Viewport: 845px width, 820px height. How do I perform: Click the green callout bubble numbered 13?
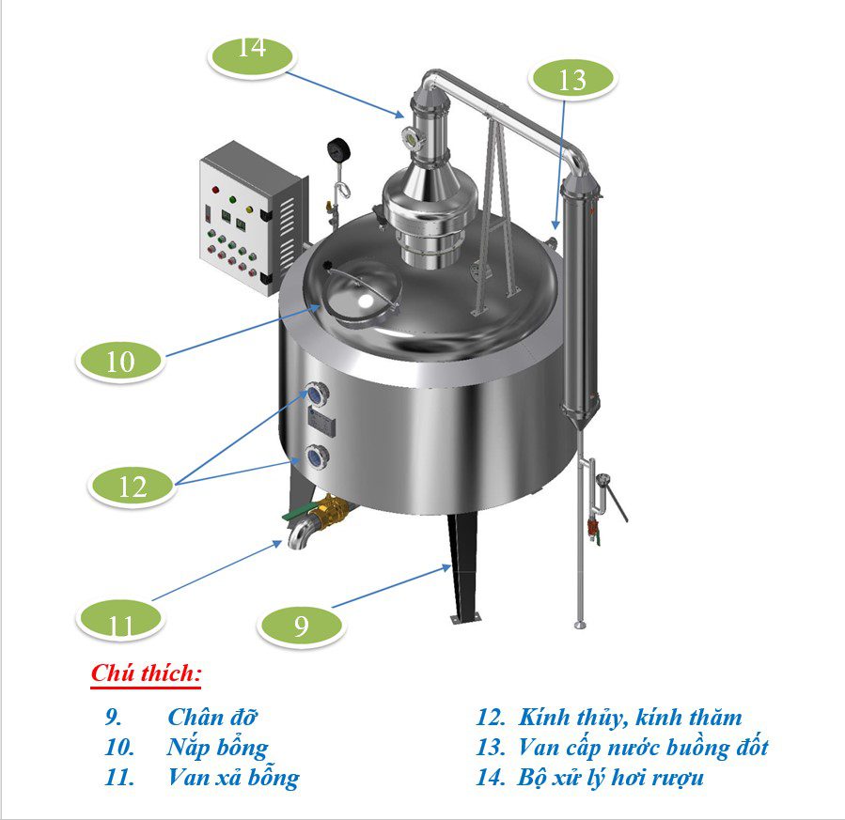tap(571, 79)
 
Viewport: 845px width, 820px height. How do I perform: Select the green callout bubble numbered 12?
tap(132, 486)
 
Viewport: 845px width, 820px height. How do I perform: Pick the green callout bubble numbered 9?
tap(301, 626)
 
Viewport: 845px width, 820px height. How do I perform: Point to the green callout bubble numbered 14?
tap(252, 56)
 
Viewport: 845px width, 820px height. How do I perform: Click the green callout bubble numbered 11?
tap(119, 619)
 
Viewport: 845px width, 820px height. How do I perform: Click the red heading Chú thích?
tap(146, 673)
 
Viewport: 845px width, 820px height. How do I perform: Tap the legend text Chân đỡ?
tap(212, 717)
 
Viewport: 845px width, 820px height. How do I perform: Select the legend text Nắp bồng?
tap(217, 748)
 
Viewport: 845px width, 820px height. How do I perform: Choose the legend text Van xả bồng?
tap(233, 778)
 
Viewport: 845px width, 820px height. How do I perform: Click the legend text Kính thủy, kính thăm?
tap(630, 718)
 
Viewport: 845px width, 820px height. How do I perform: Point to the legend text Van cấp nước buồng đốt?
tap(643, 748)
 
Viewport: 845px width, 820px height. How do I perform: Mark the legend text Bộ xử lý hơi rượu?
tap(611, 778)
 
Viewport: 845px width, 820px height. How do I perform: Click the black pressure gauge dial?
tap(338, 149)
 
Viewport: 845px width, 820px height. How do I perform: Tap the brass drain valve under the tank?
tap(329, 512)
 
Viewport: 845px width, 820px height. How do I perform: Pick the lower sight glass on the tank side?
tap(317, 457)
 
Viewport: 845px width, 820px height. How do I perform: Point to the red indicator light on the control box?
tap(216, 190)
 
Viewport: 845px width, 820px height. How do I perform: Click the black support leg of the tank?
tap(464, 565)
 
